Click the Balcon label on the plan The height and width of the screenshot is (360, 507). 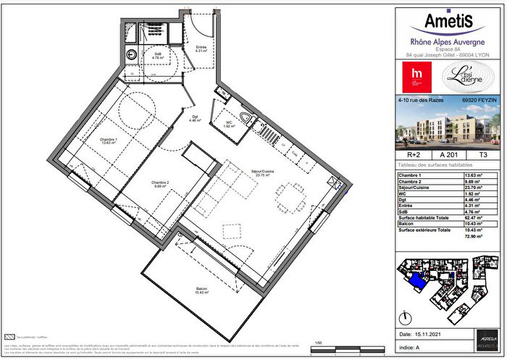[x=201, y=290]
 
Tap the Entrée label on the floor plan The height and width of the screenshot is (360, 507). [x=201, y=49]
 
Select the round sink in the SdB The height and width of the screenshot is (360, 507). [x=131, y=55]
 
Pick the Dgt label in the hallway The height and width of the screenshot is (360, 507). [x=195, y=119]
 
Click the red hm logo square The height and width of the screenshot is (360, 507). [x=416, y=75]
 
